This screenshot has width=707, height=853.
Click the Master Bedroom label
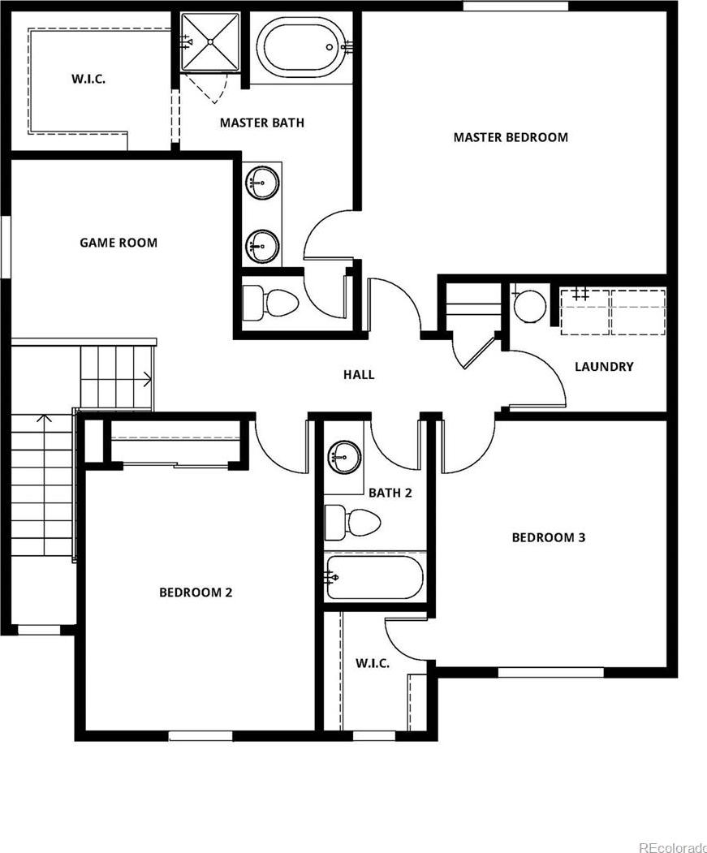511,137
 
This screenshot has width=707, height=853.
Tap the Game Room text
119,243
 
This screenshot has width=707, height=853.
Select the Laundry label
604,367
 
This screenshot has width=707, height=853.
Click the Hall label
359,374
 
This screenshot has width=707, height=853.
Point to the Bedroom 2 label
196,592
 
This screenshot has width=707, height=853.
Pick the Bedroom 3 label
549,537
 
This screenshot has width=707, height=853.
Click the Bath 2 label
390,493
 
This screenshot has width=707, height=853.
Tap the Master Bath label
262,123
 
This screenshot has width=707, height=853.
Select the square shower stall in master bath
210,42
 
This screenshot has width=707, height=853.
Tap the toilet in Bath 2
352,523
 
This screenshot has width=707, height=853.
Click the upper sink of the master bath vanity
262,183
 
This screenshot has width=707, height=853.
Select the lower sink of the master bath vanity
262,246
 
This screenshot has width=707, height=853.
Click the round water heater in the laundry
529,306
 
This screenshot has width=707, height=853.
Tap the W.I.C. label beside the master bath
88,79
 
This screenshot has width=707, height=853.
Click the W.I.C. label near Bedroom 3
373,663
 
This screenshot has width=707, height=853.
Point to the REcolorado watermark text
673,847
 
